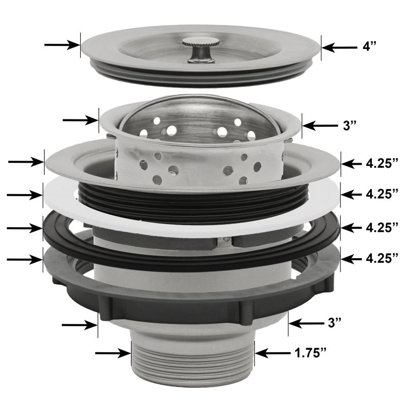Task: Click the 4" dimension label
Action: pos(369,47)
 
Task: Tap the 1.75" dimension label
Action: pos(310,353)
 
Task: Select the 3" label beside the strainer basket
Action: pos(349,125)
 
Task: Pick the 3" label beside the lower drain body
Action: pos(334,323)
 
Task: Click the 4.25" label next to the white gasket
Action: pos(382,194)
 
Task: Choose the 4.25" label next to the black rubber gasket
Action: pos(382,227)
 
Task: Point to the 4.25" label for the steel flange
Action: pos(382,163)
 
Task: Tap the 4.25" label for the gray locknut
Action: pos(382,259)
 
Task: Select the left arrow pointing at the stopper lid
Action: pos(62,45)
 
